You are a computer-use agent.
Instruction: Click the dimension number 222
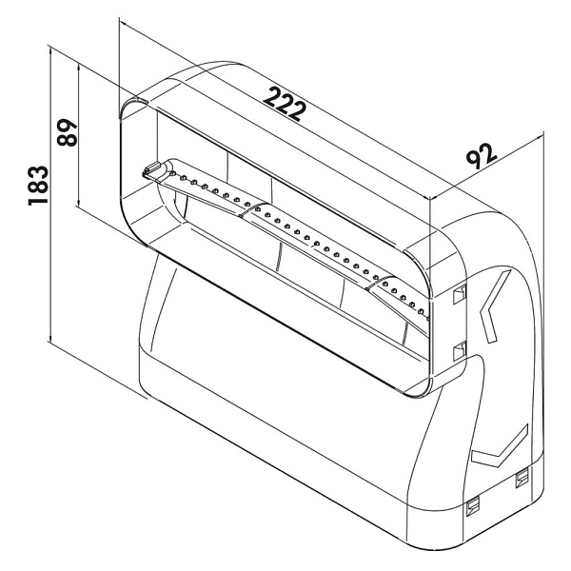point(285,104)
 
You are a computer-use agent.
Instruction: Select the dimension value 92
point(482,156)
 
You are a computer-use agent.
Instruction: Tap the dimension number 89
point(68,132)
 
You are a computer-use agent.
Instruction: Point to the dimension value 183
point(38,186)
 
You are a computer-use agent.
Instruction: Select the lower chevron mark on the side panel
point(501,448)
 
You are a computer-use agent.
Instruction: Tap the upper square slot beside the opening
point(460,294)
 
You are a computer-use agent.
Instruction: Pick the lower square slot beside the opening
point(460,351)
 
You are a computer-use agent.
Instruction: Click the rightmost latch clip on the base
point(522,478)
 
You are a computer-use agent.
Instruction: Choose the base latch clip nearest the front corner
point(473,506)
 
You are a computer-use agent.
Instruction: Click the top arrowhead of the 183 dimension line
point(50,52)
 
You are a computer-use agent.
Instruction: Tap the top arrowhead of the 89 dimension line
point(79,68)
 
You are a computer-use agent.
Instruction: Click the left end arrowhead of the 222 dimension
point(124,23)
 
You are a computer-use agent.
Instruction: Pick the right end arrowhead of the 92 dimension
point(539,137)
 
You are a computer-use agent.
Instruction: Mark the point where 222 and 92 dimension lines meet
point(430,199)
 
